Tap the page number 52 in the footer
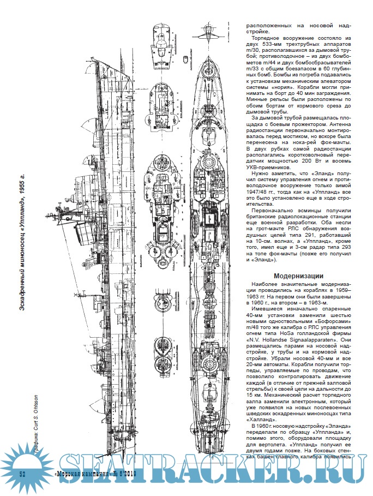(23, 473)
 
